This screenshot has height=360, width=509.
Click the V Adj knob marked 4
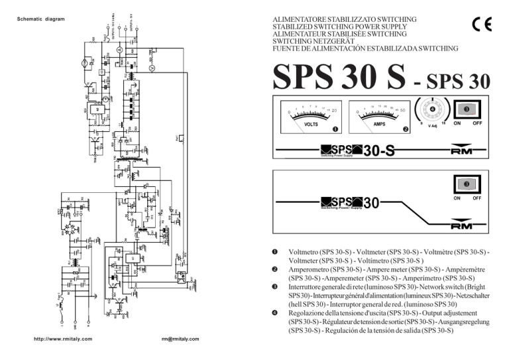(431, 109)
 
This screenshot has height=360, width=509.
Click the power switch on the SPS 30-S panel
(467, 109)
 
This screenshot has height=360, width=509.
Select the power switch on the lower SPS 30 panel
(467, 184)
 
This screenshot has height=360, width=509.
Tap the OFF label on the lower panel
(482, 198)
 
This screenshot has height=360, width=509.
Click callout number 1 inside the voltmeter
(336, 129)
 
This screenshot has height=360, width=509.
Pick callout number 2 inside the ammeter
(406, 129)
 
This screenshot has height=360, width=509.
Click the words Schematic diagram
(40, 19)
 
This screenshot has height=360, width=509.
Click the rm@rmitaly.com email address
(180, 339)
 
